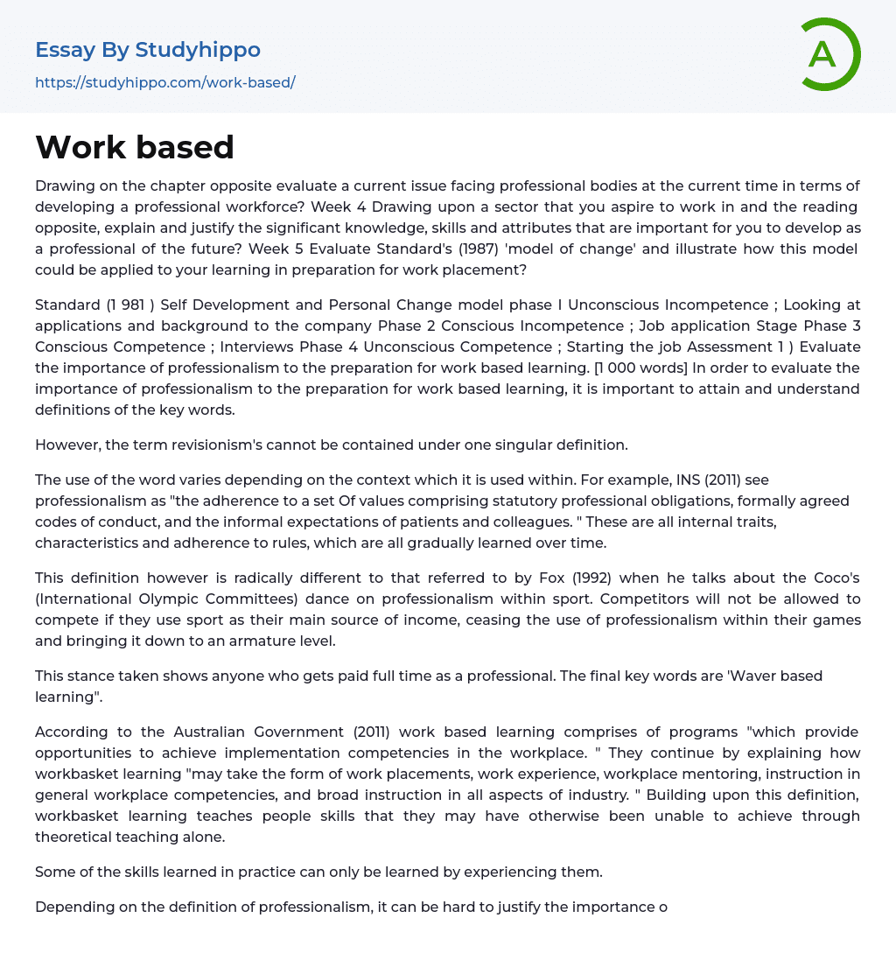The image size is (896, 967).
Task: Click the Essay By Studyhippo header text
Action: point(148,51)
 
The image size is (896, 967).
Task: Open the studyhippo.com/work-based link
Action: point(165,82)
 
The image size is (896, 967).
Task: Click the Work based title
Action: point(135,147)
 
